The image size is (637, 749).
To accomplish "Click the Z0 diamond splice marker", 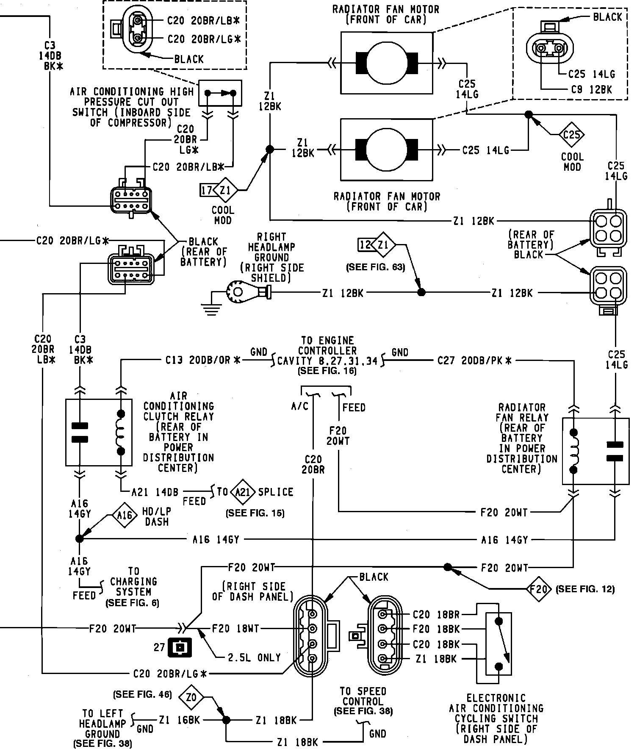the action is [191, 696].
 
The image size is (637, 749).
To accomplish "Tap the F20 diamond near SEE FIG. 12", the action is [539, 588].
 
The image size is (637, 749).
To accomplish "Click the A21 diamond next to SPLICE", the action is [242, 492].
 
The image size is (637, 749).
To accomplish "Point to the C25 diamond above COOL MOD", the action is [571, 135].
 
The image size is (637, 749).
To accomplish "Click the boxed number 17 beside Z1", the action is [207, 190].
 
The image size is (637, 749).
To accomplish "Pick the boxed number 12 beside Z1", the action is [366, 244].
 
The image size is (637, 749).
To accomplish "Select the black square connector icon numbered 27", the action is [180, 648].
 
